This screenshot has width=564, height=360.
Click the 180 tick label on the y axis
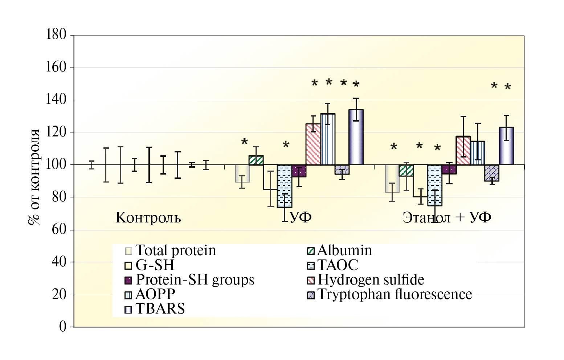tap(56, 35)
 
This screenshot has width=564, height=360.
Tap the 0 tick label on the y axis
tap(63, 327)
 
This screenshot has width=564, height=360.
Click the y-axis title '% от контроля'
tap(35, 177)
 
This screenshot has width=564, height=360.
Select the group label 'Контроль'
tap(148, 218)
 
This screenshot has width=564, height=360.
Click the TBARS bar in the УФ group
tap(356, 137)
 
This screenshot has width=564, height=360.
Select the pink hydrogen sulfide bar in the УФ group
tap(313, 144)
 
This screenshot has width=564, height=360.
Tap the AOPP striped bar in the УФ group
tap(328, 139)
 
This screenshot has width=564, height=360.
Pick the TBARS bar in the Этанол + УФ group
tap(506, 146)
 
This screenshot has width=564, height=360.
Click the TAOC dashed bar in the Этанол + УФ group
tap(434, 185)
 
